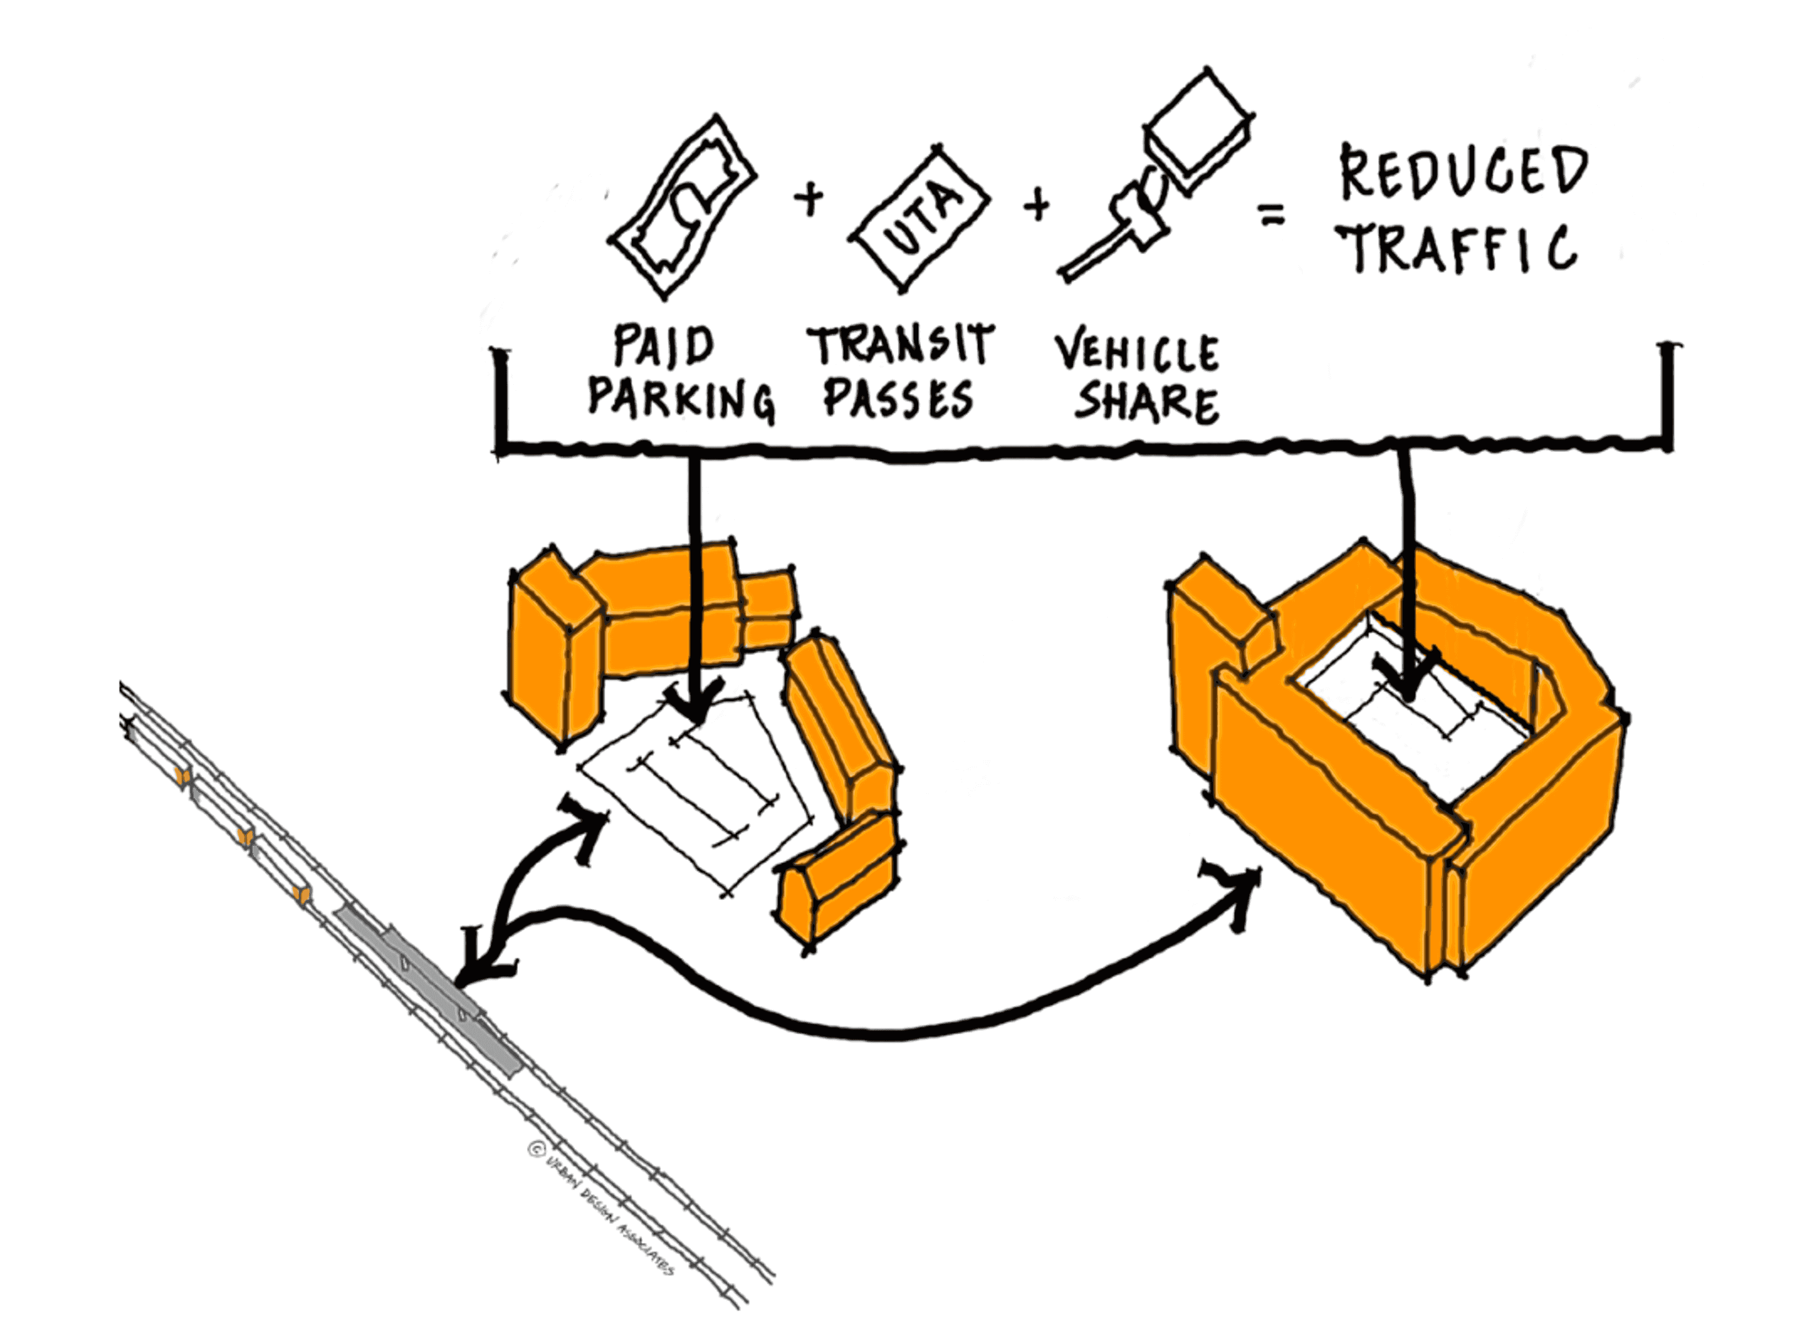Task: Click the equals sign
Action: [1271, 215]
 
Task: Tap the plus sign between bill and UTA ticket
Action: [808, 199]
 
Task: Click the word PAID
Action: [663, 346]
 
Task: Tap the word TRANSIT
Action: [900, 344]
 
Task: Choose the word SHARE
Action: [1146, 403]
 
